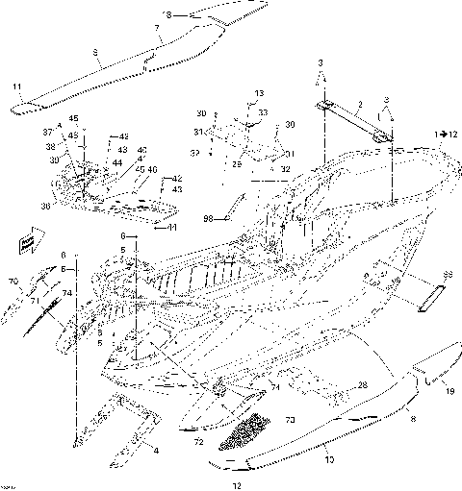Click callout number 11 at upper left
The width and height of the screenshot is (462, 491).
point(16,87)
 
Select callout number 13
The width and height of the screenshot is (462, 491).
point(257,92)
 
